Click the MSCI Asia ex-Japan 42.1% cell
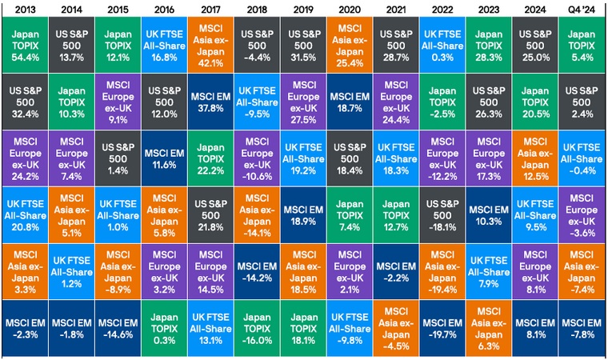(x=211, y=45)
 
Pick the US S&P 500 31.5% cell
(x=304, y=45)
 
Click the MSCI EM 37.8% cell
(x=211, y=101)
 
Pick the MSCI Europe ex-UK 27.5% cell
(x=304, y=101)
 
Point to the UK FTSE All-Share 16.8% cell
(x=165, y=45)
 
